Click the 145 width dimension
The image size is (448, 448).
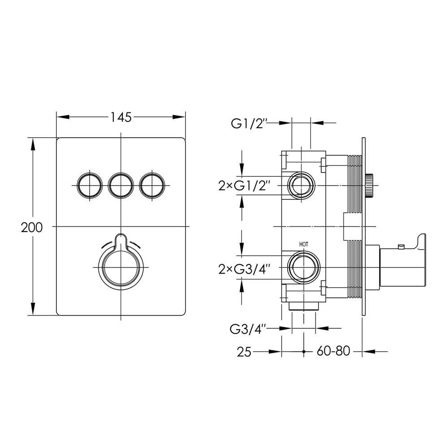click(121, 117)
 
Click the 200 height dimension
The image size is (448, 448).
click(32, 228)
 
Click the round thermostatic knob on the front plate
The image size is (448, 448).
click(121, 267)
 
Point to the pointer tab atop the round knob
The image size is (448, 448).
click(121, 241)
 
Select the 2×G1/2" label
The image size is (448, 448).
click(244, 186)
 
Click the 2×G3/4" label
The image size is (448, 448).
click(244, 269)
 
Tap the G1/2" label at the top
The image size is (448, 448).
click(249, 124)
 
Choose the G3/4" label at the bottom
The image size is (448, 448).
click(248, 329)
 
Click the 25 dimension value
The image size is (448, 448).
click(244, 352)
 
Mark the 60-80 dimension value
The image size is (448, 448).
click(333, 351)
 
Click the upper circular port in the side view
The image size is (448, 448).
click(302, 185)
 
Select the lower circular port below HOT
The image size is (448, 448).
click(303, 267)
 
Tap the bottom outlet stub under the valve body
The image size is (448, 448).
click(303, 306)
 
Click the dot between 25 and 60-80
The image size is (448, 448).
click(304, 351)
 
